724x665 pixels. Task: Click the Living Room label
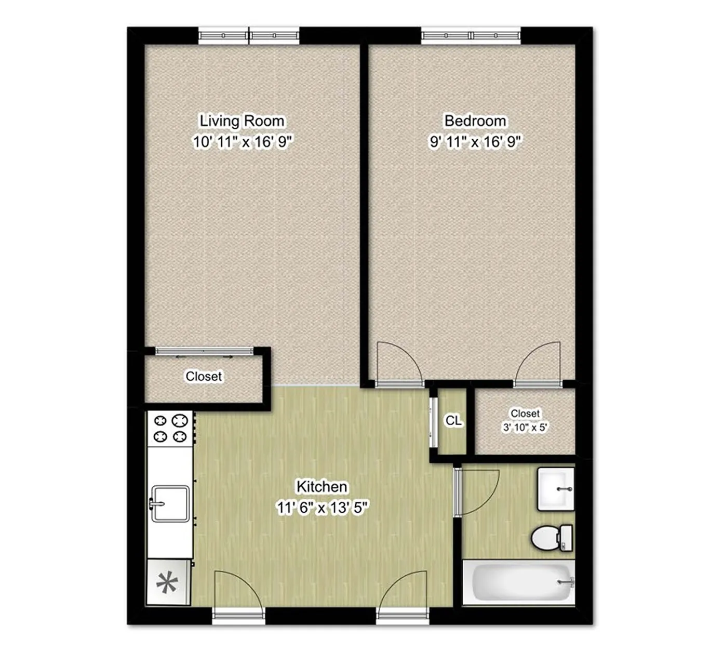(242, 121)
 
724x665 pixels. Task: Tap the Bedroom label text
(475, 121)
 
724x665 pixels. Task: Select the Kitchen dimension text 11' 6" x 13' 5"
(323, 508)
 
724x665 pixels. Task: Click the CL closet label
(453, 420)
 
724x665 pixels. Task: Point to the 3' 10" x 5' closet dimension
(525, 428)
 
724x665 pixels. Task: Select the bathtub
(519, 583)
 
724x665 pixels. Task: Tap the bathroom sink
(555, 489)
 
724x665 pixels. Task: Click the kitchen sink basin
(170, 503)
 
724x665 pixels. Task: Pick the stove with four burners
(170, 429)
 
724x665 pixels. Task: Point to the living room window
(249, 36)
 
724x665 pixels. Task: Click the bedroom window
(471, 36)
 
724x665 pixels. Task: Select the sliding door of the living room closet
(204, 351)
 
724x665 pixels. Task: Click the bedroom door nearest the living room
(399, 365)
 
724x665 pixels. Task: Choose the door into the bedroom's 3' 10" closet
(538, 365)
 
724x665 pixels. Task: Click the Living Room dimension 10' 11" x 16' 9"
(242, 142)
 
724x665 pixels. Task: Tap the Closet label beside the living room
(204, 376)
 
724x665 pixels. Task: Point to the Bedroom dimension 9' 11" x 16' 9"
(475, 142)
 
